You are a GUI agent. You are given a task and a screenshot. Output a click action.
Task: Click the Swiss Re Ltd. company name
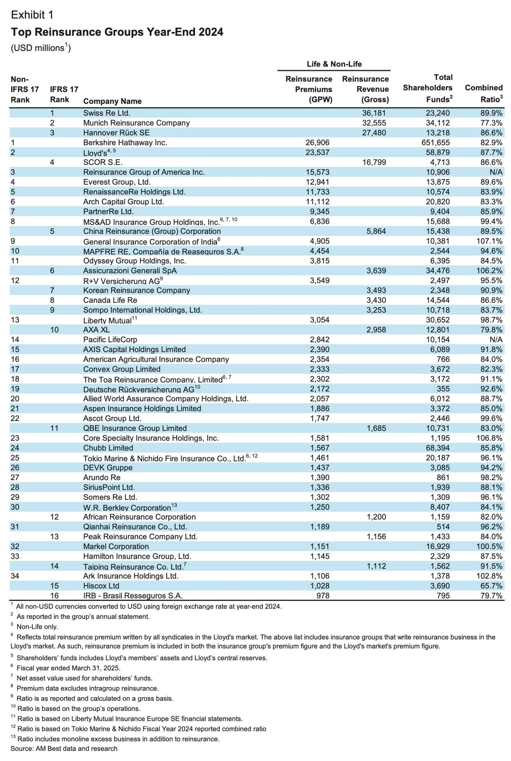pos(106,113)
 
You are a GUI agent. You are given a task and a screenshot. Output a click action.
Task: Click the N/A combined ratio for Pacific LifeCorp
pos(496,339)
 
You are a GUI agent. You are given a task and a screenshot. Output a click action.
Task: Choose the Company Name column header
pos(112,101)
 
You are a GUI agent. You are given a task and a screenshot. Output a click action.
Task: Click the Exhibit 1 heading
pos(32,15)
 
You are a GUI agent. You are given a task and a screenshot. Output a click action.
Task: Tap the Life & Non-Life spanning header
pos(334,64)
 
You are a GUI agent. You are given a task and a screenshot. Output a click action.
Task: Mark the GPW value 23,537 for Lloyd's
pos(317,152)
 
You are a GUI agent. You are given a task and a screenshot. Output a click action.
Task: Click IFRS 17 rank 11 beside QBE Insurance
pos(54,428)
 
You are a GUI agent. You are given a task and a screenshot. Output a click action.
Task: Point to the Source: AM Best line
pos(64,748)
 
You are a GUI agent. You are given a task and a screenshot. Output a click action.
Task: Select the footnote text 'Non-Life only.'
pos(37,626)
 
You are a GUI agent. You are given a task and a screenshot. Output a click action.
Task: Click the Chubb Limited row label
pos(108,448)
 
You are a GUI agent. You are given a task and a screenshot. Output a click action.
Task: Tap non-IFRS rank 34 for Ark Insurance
pos(15,576)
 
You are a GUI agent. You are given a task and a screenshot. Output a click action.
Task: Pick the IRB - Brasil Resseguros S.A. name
pos(133,595)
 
